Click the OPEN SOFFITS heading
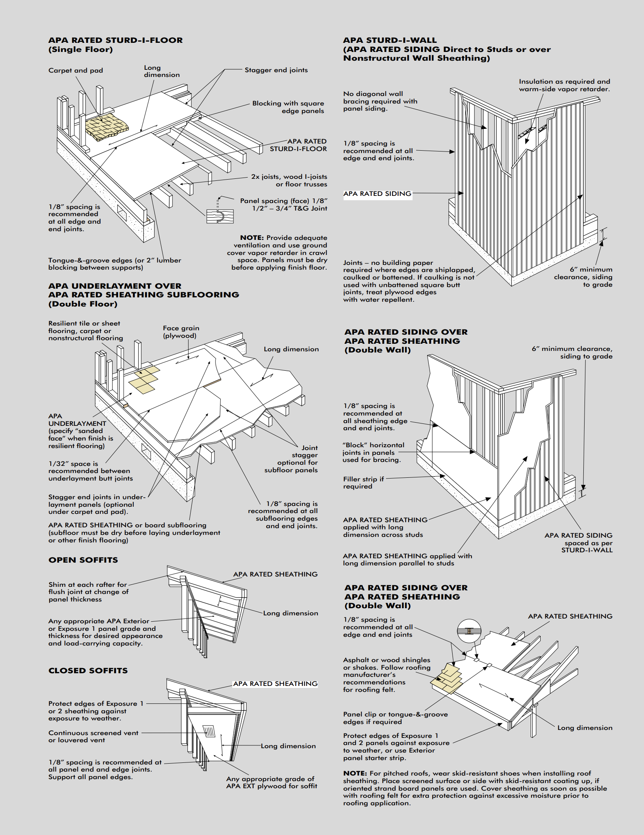83,560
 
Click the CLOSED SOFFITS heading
88,670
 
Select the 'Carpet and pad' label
76,71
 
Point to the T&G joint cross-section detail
220,215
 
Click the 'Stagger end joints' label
276,70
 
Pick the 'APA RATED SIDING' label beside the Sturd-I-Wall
377,194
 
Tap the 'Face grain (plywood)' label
181,332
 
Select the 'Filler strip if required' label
363,483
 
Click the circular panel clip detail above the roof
469,630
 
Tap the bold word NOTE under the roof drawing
355,773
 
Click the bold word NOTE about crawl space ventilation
252,238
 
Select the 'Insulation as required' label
564,85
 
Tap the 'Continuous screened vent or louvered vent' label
94,736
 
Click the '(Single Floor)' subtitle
80,50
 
